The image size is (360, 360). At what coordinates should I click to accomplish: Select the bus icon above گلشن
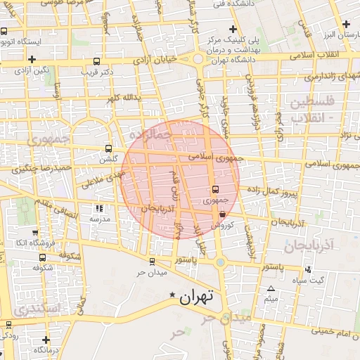point(108,148)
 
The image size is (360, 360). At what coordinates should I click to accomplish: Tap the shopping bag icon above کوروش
point(222,214)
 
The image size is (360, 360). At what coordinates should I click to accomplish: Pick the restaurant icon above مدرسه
point(98,208)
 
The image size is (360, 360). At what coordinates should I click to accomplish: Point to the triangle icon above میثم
point(271,288)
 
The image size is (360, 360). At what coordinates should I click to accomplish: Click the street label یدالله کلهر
point(128,96)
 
